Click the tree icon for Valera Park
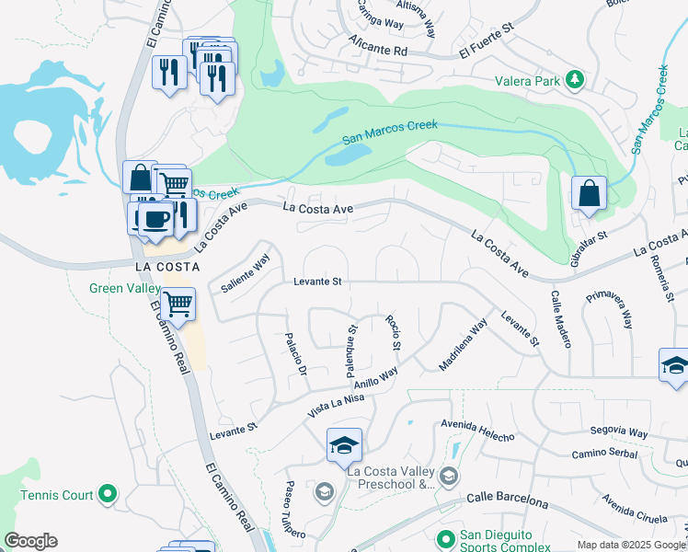click(575, 80)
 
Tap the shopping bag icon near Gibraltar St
click(589, 194)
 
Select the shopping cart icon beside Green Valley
click(178, 302)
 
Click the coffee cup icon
click(155, 219)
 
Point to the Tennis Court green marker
click(108, 494)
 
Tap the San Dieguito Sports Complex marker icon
click(446, 537)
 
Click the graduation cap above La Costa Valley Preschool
click(344, 445)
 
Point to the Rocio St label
click(394, 334)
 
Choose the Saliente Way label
click(246, 274)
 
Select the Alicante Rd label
click(377, 46)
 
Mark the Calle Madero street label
click(561, 319)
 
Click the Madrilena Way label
click(463, 345)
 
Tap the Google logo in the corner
click(30, 541)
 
